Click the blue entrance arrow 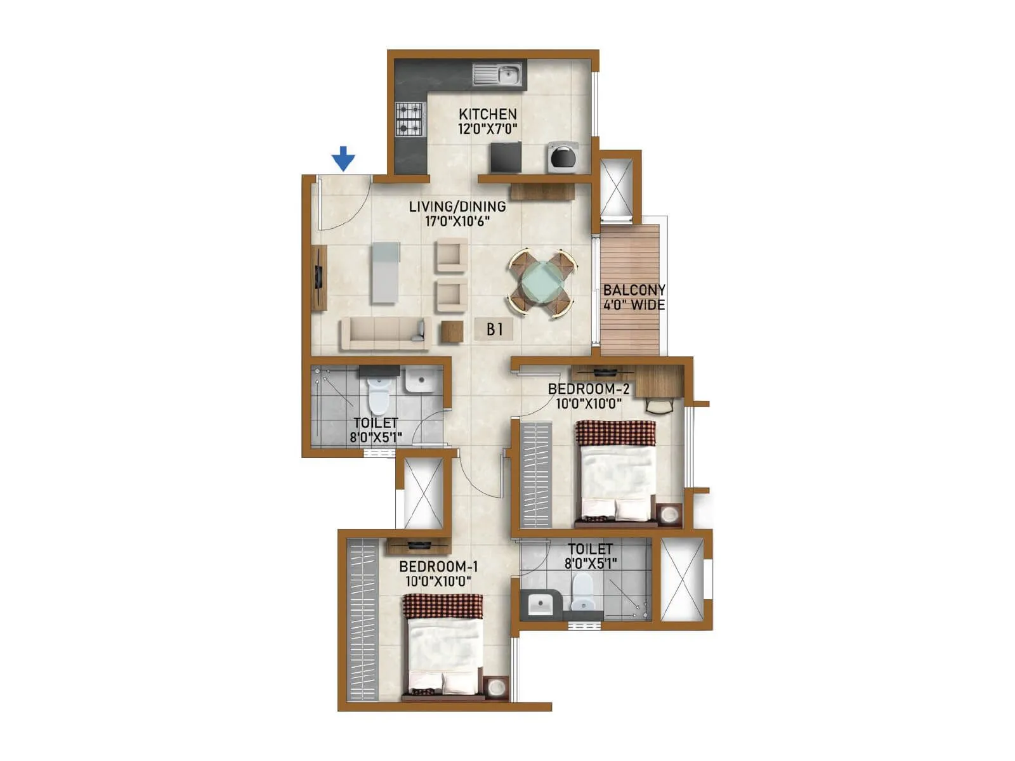(x=343, y=158)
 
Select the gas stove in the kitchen (x=409, y=120)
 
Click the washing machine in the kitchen (x=563, y=157)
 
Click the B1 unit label (x=494, y=329)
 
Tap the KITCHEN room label (x=487, y=114)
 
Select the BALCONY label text (x=634, y=290)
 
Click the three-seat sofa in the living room (x=383, y=333)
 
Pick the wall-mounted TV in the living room (x=318, y=277)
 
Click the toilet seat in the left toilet (x=378, y=395)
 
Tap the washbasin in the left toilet (x=419, y=381)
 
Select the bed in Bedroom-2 (x=615, y=472)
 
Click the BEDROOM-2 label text (x=588, y=389)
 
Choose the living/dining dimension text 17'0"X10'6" (x=457, y=221)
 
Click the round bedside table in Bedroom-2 (x=669, y=514)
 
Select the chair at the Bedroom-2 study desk (x=660, y=405)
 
